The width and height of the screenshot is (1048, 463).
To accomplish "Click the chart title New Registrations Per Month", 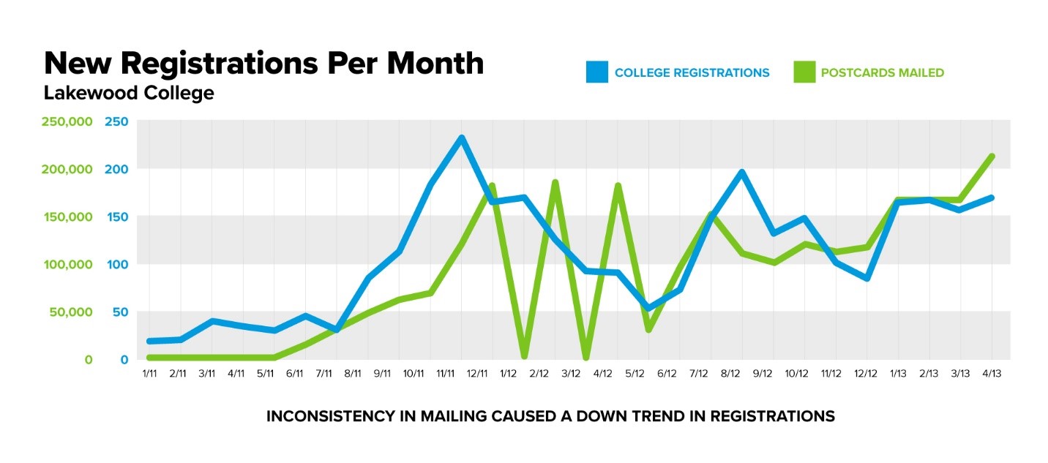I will point(263,64).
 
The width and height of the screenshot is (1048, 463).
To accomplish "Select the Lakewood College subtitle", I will point(129,94).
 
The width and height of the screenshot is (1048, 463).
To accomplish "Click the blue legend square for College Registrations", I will point(597,72).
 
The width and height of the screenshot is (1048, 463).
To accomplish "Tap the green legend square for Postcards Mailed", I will point(804,72).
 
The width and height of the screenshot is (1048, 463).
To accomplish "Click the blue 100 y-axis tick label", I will point(117,264).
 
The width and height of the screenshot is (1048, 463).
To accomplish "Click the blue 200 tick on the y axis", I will point(117,169).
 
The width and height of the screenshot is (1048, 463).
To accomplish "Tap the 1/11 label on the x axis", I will point(149,374).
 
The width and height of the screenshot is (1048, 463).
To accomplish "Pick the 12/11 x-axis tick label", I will point(477,374).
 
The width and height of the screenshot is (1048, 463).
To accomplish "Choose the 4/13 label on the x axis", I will point(992,374).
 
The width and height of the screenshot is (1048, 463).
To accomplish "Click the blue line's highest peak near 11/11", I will point(462,138).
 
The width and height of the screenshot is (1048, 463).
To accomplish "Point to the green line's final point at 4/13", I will point(992,156).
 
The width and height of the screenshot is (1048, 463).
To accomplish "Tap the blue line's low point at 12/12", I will point(867,279).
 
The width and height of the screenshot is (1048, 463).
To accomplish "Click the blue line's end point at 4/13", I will point(992,197).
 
